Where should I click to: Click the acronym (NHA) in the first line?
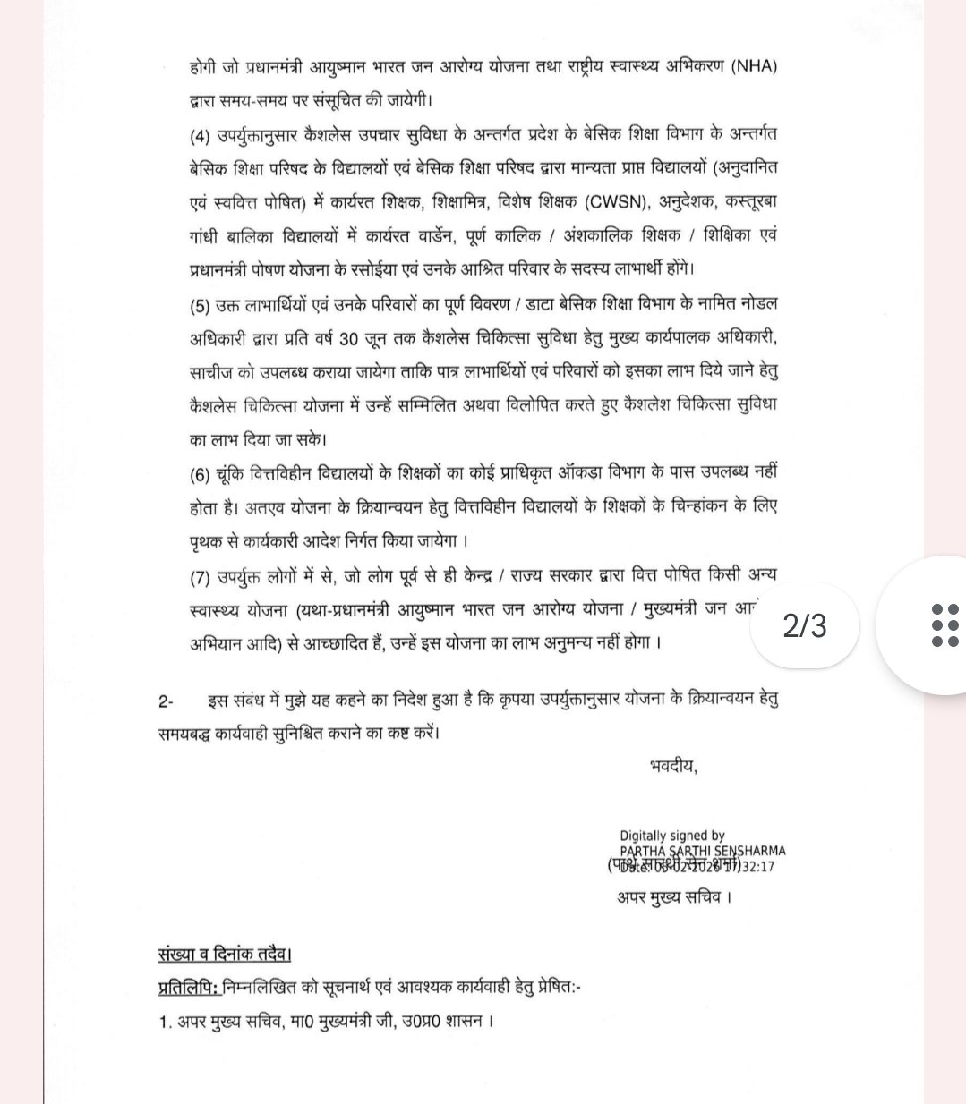(754, 66)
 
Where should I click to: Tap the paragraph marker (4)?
(199, 135)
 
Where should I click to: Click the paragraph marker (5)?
(199, 304)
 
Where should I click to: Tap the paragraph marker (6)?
(199, 473)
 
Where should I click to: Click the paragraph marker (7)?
(199, 576)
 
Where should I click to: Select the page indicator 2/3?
(804, 625)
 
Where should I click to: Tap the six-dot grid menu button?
(945, 624)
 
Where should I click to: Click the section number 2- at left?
(167, 700)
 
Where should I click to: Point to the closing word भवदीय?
(672, 766)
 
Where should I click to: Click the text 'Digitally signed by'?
(671, 836)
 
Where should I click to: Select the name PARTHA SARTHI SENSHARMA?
(702, 851)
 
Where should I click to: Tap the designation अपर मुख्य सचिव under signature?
(673, 896)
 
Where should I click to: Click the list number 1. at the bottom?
(165, 1021)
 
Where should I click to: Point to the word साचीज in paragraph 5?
(215, 371)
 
